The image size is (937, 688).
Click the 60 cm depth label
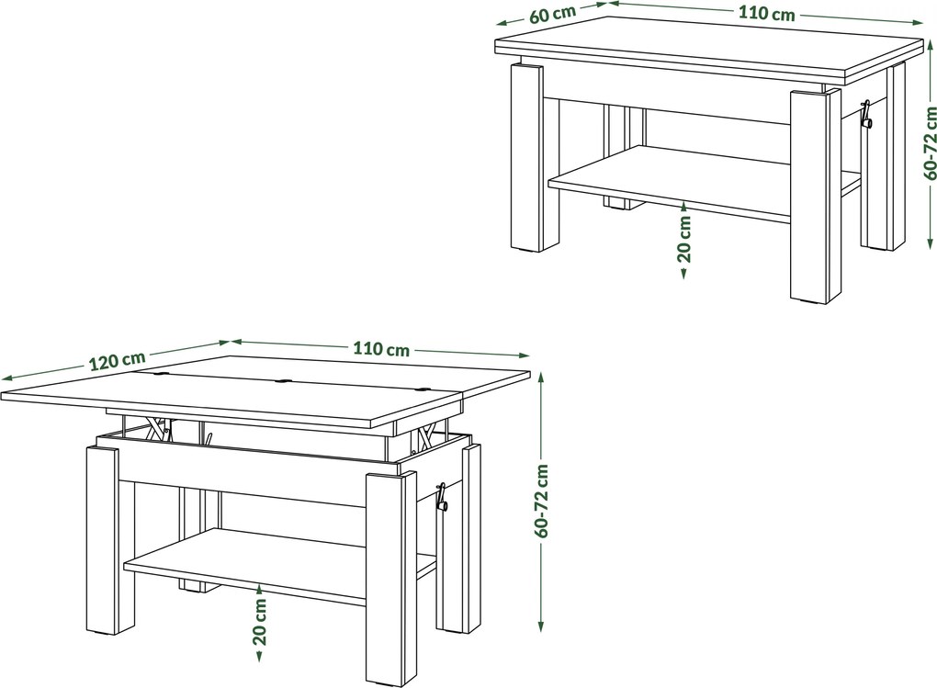pos(552,14)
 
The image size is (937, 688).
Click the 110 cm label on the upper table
pos(767,13)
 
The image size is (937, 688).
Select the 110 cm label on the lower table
pos(381,349)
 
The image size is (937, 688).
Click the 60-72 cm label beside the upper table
pos(930,143)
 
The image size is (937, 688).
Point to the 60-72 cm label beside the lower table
pos(541,501)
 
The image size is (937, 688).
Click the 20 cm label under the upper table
pos(684,239)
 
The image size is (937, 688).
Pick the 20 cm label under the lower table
pos(259,622)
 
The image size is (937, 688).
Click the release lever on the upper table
pos(865,116)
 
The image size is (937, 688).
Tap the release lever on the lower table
pos(442,497)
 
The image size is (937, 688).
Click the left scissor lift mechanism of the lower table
pos(157,429)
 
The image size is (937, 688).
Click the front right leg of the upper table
pos(815,197)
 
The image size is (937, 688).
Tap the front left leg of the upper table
pos(527,156)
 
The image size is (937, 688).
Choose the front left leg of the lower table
pos(103,539)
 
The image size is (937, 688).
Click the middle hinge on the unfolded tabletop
pos(283,379)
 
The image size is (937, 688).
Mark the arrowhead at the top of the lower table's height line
pos(541,378)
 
